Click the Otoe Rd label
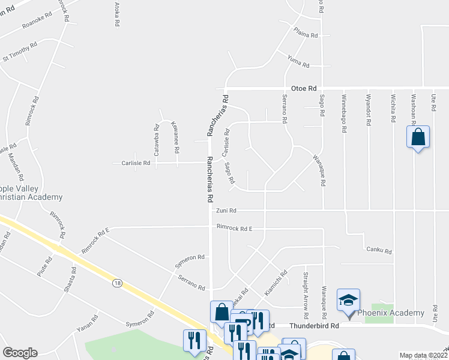coord(303,88)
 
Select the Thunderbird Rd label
coord(314,325)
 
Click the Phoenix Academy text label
coord(390,313)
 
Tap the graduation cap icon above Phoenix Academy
coord(348,299)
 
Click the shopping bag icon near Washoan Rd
coord(418,137)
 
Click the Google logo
coord(20,353)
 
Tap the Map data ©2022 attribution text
coord(423,355)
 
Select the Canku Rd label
coord(378,251)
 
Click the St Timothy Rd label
coord(20,52)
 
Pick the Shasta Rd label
coord(71,280)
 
